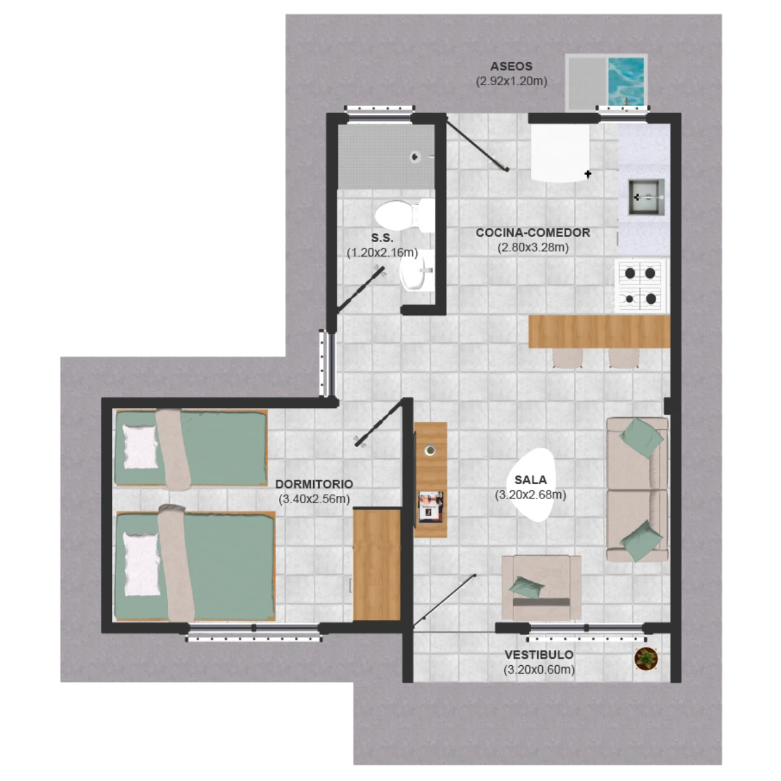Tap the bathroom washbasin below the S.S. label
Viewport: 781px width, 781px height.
click(417, 271)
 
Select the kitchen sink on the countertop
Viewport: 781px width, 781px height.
click(646, 197)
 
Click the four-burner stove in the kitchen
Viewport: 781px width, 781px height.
click(640, 286)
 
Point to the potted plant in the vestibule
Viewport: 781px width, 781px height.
click(646, 658)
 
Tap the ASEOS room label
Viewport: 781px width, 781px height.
click(511, 66)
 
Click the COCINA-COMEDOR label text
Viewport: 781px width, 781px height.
click(532, 232)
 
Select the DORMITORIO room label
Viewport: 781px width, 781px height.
click(314, 484)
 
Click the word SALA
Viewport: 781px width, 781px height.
click(530, 480)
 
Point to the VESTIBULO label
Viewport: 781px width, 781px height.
click(539, 655)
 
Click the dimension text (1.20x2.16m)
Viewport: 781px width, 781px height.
click(382, 253)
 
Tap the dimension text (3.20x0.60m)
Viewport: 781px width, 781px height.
click(539, 670)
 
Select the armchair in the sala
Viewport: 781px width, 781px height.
click(541, 587)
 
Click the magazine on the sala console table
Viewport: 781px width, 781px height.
click(430, 507)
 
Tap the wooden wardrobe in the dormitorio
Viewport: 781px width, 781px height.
click(377, 564)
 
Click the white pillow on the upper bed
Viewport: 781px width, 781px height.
click(140, 446)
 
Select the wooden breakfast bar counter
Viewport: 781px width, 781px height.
click(599, 331)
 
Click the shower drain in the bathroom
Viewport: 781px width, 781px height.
click(415, 156)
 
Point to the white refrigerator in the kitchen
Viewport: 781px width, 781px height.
click(560, 153)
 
